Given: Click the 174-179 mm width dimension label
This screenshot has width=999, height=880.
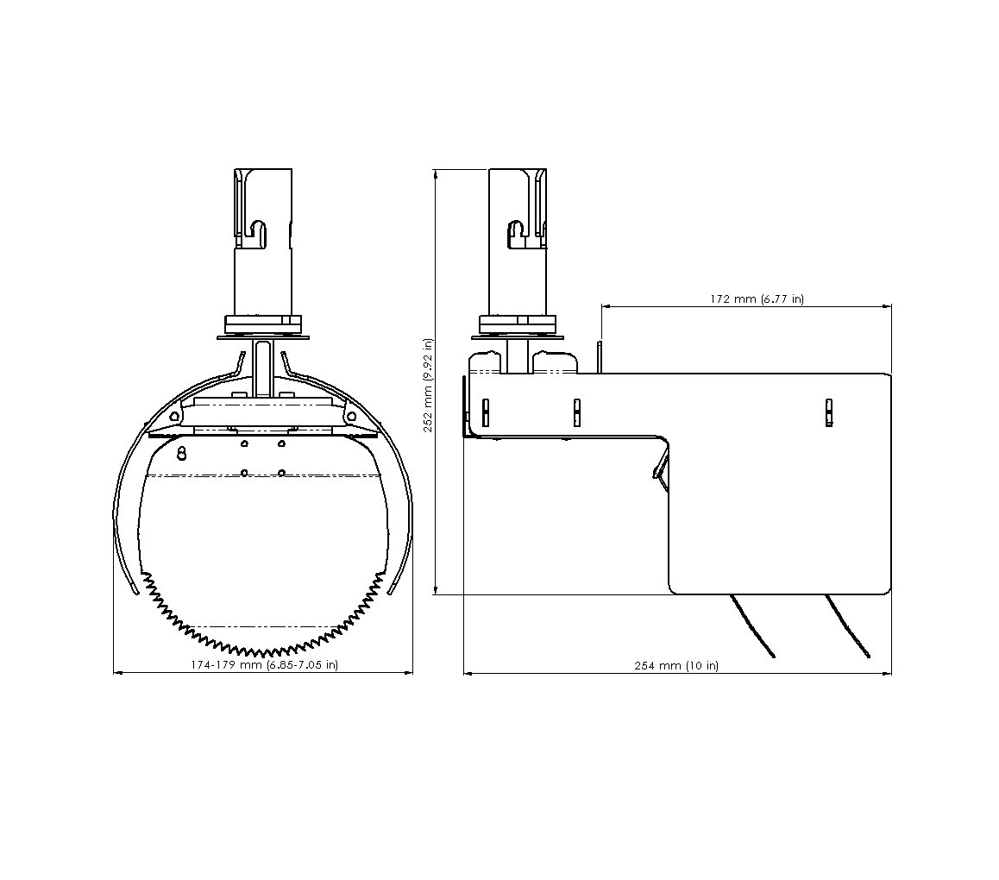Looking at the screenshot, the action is (264, 664).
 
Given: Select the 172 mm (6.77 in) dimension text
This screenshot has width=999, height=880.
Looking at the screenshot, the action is (757, 299).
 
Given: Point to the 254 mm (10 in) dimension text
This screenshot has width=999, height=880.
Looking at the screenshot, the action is (676, 665).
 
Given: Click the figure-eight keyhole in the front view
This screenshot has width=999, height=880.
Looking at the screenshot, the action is (181, 453).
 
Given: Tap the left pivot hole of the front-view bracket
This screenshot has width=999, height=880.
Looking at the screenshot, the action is (173, 415).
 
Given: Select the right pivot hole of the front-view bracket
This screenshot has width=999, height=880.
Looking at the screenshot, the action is (351, 416).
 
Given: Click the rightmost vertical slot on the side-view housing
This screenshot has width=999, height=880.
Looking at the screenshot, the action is (828, 412).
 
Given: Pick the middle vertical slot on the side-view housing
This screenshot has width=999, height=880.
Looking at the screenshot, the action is (576, 412).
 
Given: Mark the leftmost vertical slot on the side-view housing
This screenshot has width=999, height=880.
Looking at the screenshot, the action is (486, 412).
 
